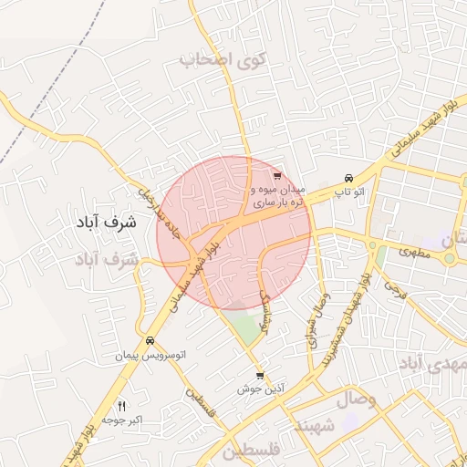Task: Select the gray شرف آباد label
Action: (x=107, y=260)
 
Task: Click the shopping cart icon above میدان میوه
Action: (x=277, y=176)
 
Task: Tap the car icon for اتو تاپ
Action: (x=348, y=178)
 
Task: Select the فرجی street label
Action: (x=394, y=290)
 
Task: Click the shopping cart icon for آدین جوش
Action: (x=261, y=376)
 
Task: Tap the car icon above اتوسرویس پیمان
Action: (x=150, y=340)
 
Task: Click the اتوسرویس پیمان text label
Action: (x=150, y=354)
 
